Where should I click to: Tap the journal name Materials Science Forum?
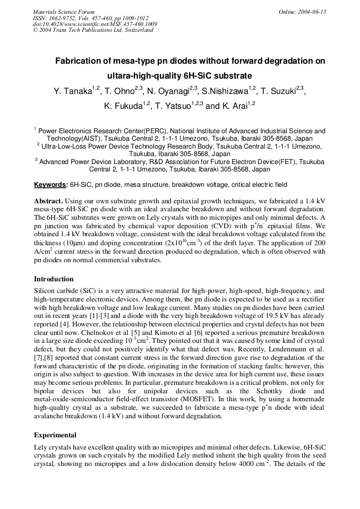64,12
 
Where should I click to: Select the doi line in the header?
95,24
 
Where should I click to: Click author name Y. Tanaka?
73,91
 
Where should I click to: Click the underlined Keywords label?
50,185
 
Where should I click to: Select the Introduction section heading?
54,279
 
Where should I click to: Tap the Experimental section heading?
55,435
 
